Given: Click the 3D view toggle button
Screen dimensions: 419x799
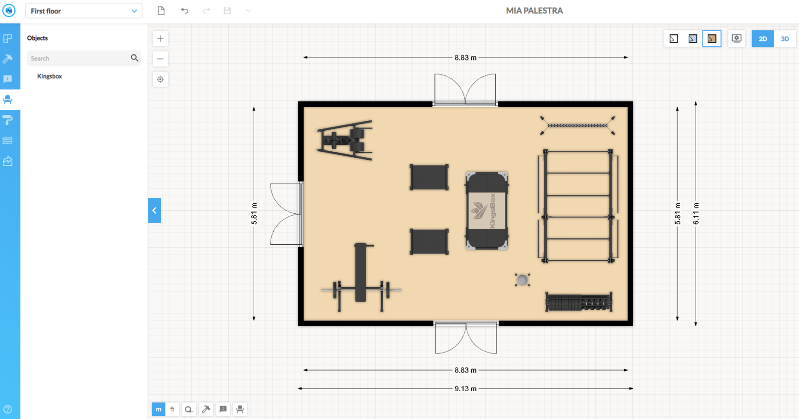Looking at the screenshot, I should (x=785, y=38).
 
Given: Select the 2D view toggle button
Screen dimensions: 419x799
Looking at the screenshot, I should (x=763, y=38).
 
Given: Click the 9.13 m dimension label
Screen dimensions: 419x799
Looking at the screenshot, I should (x=465, y=389).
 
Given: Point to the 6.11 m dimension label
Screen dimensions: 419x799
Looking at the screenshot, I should (x=696, y=213).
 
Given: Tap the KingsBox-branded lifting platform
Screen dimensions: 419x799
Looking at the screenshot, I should (x=487, y=211).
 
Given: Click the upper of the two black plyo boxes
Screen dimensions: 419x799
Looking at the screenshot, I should (x=429, y=177).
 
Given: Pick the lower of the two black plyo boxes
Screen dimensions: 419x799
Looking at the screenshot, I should (x=429, y=242).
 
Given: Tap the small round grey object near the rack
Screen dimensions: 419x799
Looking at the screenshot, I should (x=522, y=280).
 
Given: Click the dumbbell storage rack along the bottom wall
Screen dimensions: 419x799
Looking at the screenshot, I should (x=578, y=302).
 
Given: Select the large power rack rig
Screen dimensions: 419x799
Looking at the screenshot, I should (x=578, y=205).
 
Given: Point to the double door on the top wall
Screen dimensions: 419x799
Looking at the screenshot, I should (x=465, y=90).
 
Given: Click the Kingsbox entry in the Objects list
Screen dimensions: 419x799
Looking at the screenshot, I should (x=49, y=76).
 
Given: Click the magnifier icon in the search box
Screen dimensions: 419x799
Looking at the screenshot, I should (x=134, y=58).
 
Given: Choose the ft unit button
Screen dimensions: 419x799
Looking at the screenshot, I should (x=172, y=409).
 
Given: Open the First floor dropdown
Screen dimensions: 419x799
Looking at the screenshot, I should (x=84, y=11).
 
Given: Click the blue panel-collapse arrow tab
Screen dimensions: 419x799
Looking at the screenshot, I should (x=154, y=211).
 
